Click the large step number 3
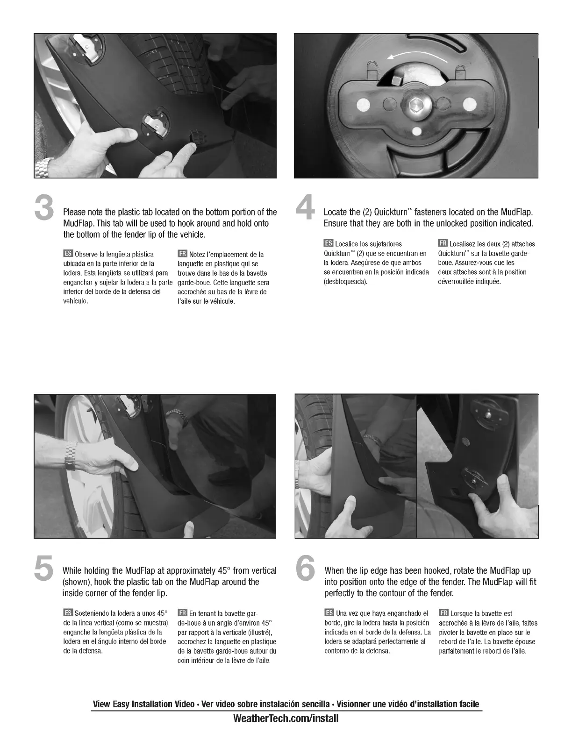pos(44,207)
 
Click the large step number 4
pos(305,207)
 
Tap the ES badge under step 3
pos(68,253)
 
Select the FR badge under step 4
pos(443,243)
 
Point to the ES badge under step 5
pos(68,613)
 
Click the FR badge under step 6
pos(443,613)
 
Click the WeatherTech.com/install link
pos(286,719)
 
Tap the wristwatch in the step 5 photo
pos(71,456)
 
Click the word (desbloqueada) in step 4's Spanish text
pos(345,282)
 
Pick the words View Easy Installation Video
pos(143,704)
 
